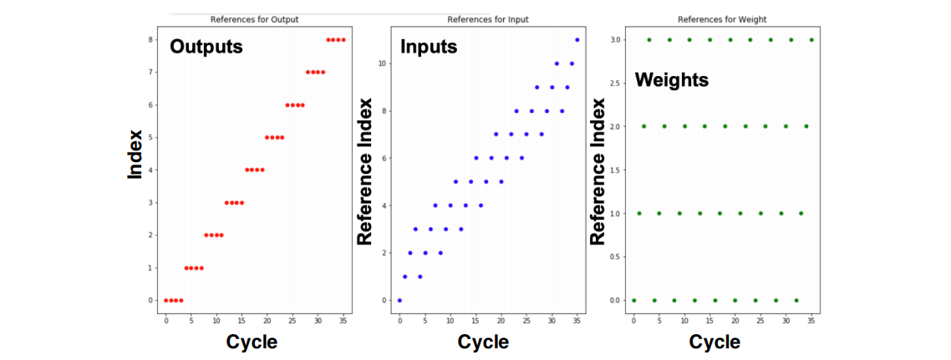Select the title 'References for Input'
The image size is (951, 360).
[488, 19]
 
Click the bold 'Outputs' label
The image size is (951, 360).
[206, 47]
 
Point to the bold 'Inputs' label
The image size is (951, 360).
[429, 47]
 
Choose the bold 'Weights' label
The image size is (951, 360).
[672, 80]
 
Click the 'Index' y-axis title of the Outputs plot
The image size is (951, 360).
[135, 155]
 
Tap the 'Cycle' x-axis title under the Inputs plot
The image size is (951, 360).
[483, 342]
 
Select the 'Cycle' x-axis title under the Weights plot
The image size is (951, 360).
[715, 342]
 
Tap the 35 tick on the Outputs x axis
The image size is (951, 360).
[343, 319]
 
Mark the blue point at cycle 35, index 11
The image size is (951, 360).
[577, 40]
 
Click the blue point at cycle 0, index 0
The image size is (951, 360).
[399, 300]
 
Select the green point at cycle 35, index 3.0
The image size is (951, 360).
[811, 40]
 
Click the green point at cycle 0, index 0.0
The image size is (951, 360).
[633, 300]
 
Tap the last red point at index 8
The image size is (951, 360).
[343, 40]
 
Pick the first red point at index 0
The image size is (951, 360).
[166, 300]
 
